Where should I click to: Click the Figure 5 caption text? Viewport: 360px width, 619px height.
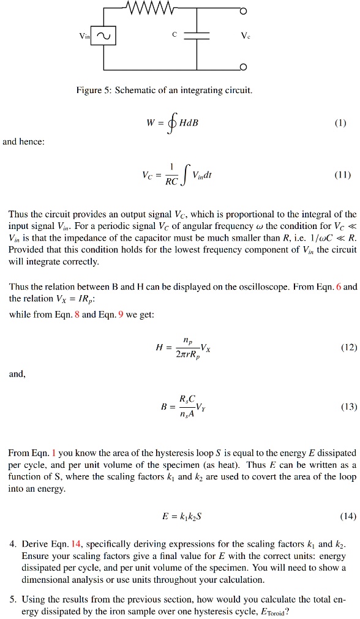coord(163,91)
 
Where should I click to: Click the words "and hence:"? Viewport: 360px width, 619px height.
coord(23,141)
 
